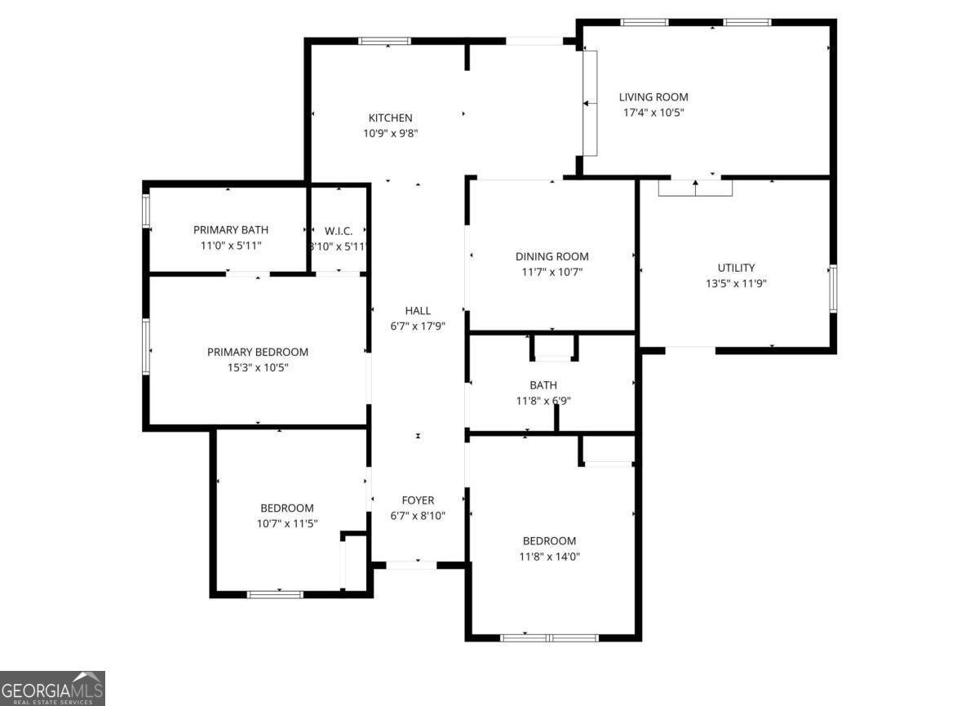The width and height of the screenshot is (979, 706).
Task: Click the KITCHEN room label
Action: [390, 118]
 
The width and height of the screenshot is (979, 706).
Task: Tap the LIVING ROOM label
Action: [653, 97]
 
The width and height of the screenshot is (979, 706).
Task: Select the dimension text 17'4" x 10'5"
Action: [653, 113]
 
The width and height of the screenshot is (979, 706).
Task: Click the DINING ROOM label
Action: [552, 256]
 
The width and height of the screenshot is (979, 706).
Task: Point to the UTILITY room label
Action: [736, 268]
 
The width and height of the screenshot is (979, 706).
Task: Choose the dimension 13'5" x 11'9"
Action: [736, 283]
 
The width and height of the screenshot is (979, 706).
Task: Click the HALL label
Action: [418, 310]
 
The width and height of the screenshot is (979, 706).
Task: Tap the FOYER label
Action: [418, 500]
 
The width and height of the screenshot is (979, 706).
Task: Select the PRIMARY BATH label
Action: [230, 230]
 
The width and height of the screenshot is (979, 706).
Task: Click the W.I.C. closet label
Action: [337, 230]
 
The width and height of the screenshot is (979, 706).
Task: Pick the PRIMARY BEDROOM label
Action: [257, 352]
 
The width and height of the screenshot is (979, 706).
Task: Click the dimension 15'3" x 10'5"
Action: [257, 367]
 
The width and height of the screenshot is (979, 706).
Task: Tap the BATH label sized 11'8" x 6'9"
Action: [543, 385]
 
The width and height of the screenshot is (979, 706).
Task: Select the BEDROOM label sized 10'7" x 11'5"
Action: [286, 508]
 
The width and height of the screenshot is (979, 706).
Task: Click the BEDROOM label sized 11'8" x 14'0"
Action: [549, 540]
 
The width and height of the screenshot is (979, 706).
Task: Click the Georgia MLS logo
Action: [53, 688]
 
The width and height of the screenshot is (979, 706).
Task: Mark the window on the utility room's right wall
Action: [832, 288]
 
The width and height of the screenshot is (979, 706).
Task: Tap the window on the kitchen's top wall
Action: [385, 41]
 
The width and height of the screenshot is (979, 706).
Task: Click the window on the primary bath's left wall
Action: [146, 209]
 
